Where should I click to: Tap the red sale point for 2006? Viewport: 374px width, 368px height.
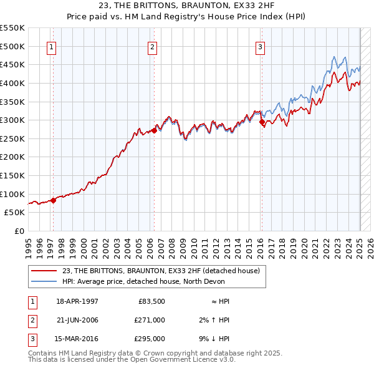click(154, 131)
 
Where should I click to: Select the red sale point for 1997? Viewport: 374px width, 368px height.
click(54, 200)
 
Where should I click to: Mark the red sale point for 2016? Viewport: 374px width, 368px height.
click(262, 122)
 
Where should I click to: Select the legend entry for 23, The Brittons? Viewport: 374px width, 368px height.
click(164, 270)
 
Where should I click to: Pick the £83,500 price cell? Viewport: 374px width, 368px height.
click(151, 301)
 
